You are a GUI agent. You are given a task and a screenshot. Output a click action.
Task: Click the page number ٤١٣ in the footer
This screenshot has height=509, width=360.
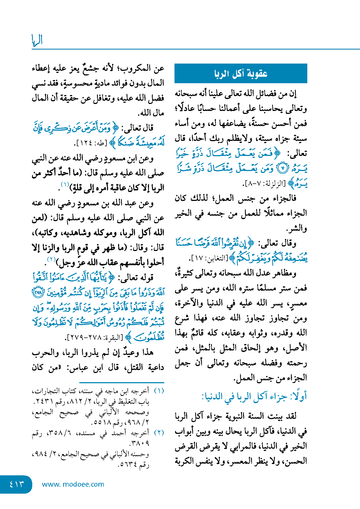pos(16,484)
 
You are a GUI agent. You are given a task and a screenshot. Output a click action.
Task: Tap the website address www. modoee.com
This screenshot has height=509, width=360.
pos(73,484)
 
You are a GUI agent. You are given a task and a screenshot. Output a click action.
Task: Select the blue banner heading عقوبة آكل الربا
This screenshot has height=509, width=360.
pos(241,74)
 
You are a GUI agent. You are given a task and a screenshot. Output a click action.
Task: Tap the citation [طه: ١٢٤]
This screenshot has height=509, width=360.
pos(91,143)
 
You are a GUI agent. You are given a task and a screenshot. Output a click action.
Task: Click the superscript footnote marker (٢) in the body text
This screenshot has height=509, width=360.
pos(51,259)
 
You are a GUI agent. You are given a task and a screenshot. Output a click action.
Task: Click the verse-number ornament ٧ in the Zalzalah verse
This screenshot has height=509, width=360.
pos(282,169)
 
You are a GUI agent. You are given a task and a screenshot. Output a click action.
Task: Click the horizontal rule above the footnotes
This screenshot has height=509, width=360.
pos(122,382)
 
